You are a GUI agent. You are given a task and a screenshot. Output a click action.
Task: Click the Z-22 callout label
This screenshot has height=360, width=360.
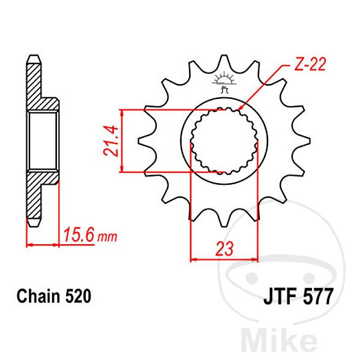310,64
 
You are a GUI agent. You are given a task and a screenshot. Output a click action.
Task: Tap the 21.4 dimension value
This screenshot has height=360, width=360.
111,141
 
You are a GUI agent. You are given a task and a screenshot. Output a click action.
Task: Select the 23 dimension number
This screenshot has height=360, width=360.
224,248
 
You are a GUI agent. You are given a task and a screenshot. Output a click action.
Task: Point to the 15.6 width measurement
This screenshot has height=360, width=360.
79,235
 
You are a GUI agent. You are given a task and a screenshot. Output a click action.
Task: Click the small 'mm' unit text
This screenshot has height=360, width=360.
107,237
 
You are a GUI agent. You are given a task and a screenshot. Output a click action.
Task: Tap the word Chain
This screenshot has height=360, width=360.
38,296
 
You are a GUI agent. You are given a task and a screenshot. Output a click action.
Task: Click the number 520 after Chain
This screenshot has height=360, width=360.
78,296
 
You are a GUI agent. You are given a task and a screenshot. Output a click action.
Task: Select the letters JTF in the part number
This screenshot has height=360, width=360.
282,296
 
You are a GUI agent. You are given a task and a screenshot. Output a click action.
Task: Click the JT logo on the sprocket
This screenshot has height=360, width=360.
224,83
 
